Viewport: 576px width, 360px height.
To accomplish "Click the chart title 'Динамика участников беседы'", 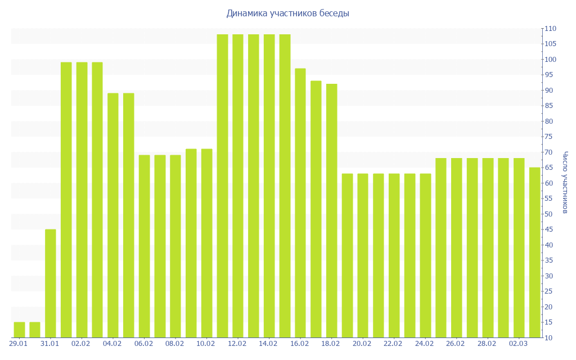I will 287,13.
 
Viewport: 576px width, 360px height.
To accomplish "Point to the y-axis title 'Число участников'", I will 565,182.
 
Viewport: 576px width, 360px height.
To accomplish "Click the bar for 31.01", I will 51,283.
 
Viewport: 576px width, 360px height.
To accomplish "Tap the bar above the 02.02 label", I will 82,200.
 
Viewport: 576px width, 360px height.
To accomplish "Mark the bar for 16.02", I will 300,203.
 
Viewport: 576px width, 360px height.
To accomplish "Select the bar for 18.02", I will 331,211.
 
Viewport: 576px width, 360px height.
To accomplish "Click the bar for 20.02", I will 363,255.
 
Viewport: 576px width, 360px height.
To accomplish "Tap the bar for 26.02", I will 456,247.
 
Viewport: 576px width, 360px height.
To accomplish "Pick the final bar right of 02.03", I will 534,253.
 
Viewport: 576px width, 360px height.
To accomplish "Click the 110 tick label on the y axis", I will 550,29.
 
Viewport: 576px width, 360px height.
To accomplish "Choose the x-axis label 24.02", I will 425,344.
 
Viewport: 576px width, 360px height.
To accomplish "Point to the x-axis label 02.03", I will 519,344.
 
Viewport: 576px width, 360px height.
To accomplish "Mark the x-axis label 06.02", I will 144,344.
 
